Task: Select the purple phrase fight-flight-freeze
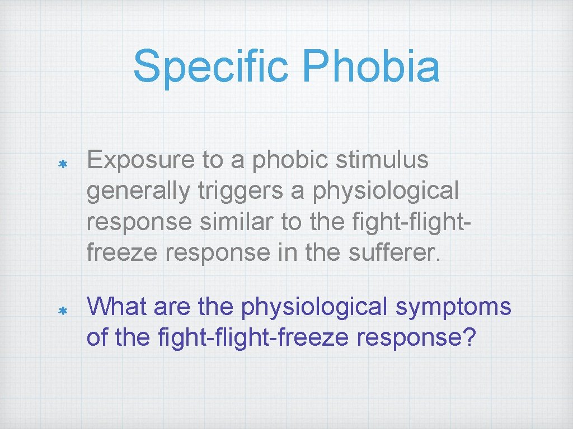(239, 337)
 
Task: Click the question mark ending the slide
(467, 337)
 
